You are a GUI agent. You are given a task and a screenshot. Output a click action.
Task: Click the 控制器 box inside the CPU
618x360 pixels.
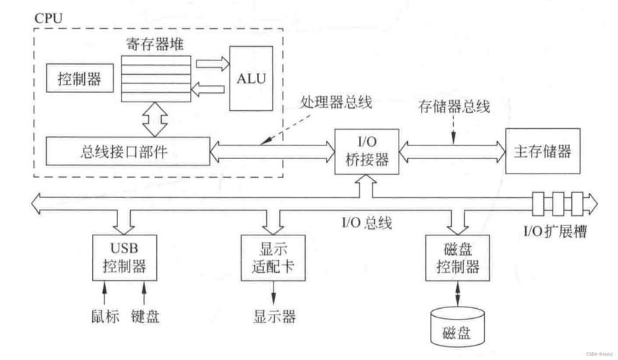tap(80, 78)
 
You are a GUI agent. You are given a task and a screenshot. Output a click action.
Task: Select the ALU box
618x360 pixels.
tap(250, 78)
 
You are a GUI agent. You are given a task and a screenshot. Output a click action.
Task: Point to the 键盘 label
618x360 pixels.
tap(146, 316)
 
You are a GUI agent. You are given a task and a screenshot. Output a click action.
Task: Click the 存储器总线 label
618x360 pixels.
tap(454, 107)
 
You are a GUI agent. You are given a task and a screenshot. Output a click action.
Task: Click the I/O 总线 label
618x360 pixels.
tap(367, 222)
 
